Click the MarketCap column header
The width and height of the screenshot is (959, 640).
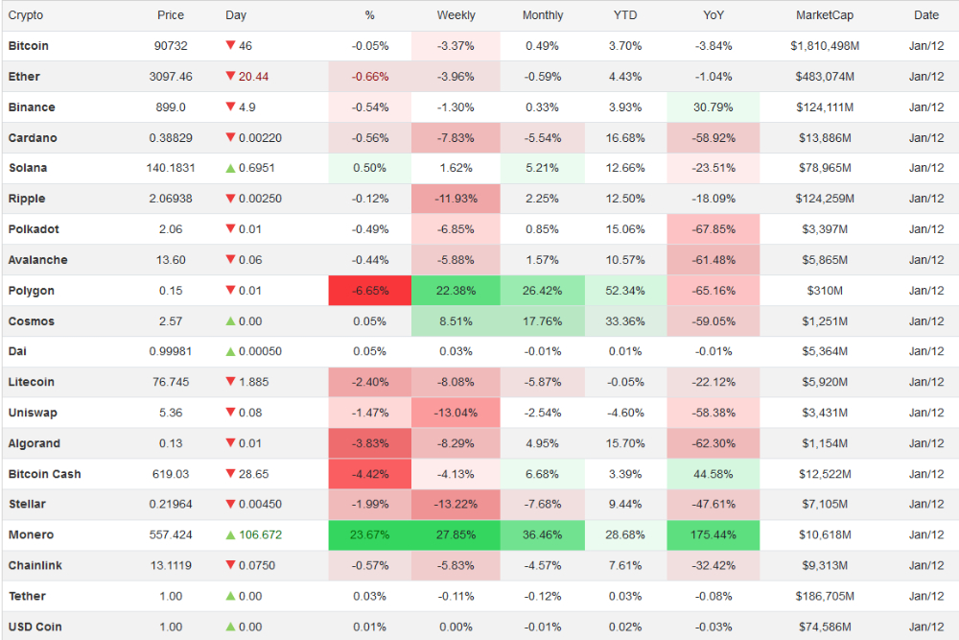click(824, 15)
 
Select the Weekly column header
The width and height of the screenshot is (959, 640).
click(456, 15)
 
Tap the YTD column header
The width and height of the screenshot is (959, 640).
click(625, 15)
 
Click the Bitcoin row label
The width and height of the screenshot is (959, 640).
click(29, 46)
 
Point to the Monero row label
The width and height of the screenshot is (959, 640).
click(31, 534)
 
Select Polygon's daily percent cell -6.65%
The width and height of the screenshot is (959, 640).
click(370, 291)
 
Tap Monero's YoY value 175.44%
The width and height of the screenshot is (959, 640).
click(713, 534)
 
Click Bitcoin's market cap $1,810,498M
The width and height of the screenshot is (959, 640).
click(824, 46)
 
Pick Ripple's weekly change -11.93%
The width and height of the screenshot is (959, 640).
click(456, 199)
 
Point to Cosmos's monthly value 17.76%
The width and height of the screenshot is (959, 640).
click(543, 321)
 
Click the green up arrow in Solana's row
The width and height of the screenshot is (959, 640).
click(230, 168)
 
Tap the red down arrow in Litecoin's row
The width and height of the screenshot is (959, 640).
click(230, 382)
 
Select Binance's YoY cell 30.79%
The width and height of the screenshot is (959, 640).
click(713, 107)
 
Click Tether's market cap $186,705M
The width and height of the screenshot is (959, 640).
click(826, 596)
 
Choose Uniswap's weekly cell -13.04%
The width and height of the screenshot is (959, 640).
click(456, 413)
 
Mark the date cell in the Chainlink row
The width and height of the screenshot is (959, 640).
click(926, 565)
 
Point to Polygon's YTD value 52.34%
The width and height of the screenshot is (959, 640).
click(625, 291)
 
